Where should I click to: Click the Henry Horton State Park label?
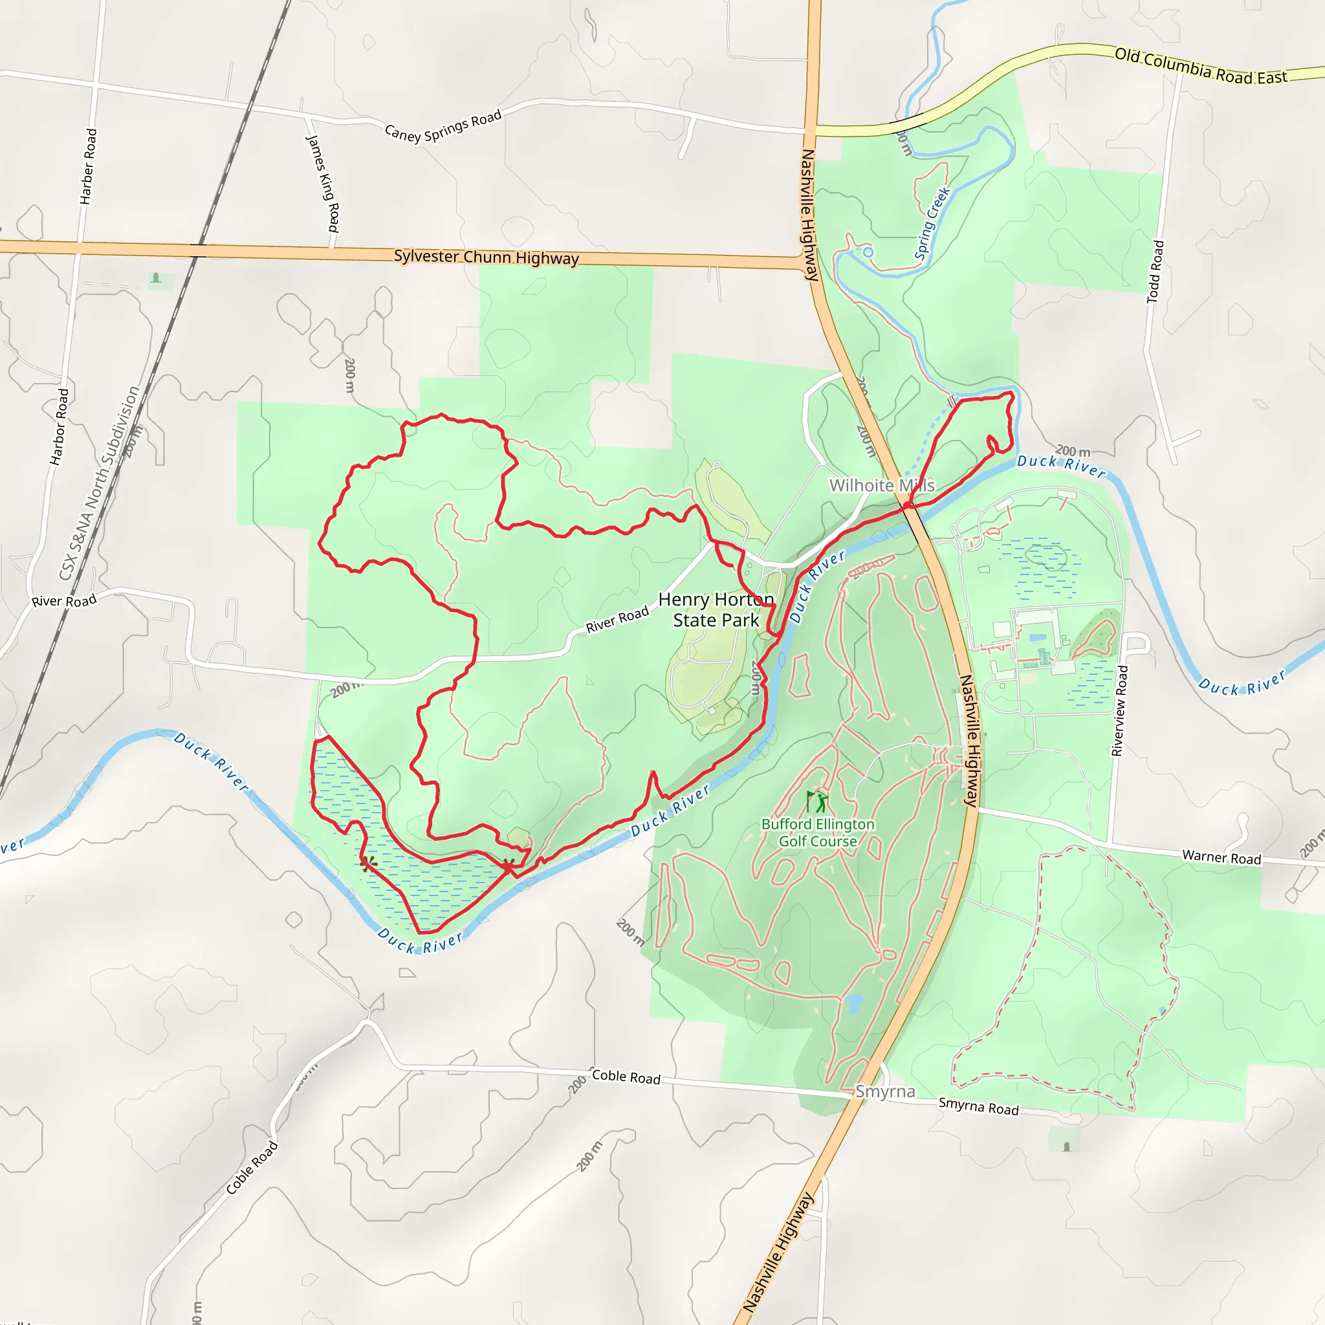click(716, 609)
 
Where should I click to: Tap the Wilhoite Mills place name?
click(882, 486)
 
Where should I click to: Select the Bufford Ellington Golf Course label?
click(818, 833)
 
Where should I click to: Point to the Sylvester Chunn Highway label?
click(487, 257)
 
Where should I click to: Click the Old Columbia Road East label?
click(1200, 66)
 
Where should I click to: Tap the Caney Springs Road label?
click(443, 126)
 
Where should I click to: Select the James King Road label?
click(322, 183)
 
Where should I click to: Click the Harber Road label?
click(88, 166)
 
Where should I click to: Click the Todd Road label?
click(1155, 272)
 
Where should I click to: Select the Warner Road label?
click(1221, 857)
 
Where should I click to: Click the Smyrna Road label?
click(978, 1106)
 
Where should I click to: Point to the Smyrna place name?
click(884, 1092)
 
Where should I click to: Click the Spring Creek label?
click(933, 224)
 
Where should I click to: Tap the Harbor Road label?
click(60, 426)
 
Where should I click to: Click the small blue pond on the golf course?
click(853, 1005)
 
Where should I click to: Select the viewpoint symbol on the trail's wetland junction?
click(507, 866)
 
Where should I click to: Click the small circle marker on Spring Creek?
click(868, 252)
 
